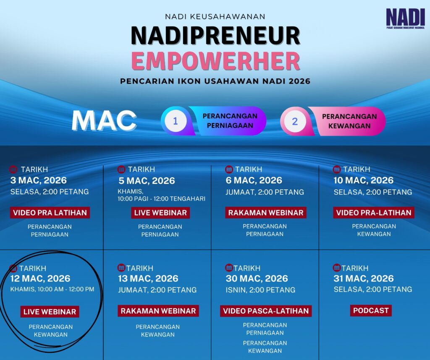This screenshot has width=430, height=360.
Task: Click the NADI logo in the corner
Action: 405,18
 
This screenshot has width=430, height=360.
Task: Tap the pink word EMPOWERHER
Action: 215,61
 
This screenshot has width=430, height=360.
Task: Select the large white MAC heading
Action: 104,120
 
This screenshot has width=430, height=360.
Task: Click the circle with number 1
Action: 176,121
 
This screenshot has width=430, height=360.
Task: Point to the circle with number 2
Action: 295,121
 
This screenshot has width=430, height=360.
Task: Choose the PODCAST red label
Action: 371,310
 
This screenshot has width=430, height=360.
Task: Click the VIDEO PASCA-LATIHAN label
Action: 266,311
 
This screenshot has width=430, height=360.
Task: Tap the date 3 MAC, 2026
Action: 39,180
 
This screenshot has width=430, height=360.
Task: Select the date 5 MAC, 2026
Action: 147,181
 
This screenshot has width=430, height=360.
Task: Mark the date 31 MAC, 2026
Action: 364,278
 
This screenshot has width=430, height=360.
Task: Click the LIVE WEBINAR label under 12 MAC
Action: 50,312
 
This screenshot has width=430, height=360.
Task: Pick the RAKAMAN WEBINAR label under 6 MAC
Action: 266,213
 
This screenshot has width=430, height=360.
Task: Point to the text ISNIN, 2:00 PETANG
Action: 260,290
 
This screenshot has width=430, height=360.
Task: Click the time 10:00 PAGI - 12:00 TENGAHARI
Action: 162,198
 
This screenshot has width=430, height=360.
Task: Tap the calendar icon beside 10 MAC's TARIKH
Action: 337,170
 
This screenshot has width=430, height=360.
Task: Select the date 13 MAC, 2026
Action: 148,278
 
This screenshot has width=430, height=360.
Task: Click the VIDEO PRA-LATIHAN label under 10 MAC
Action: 374,213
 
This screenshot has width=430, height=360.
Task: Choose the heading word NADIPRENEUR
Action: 215,36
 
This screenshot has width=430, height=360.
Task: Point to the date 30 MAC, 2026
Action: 257,278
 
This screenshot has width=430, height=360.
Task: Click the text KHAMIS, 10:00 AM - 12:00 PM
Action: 52,290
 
